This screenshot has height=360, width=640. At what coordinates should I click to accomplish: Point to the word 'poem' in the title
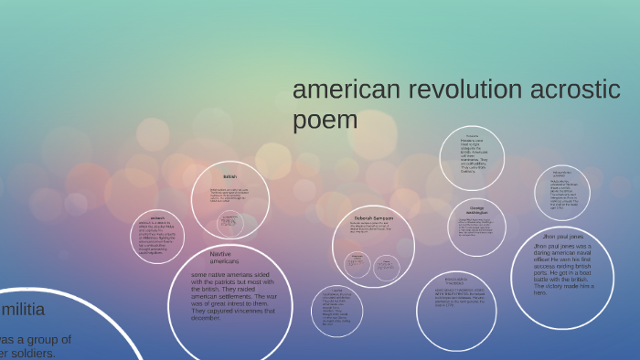pyautogui.click(x=325, y=121)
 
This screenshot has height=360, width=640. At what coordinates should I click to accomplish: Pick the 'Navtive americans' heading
pyautogui.click(x=224, y=258)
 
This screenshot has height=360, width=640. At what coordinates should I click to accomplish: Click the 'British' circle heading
pyautogui.click(x=229, y=176)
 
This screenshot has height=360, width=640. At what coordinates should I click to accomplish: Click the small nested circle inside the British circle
pyautogui.click(x=229, y=223)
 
